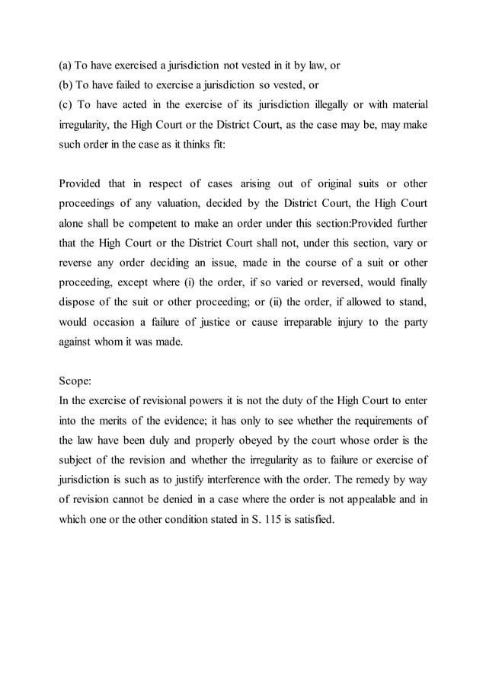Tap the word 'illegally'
330,104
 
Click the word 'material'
405,104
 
